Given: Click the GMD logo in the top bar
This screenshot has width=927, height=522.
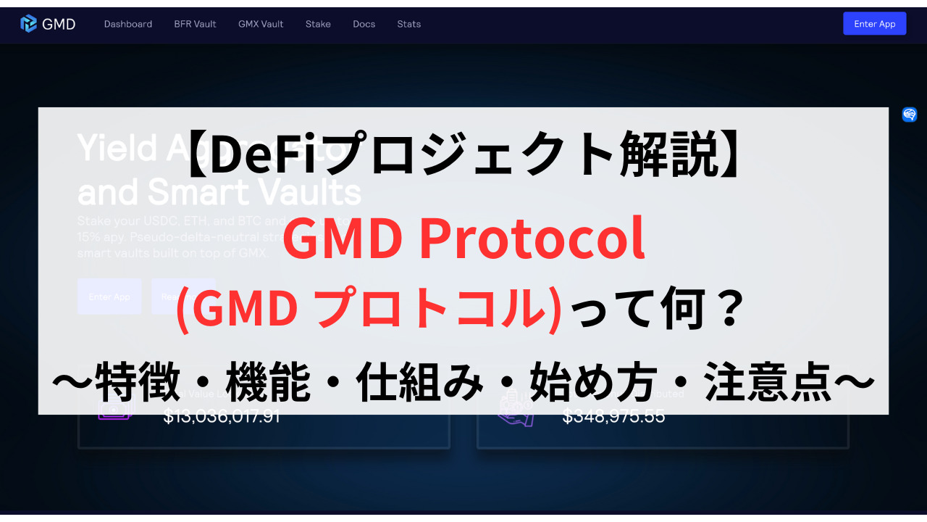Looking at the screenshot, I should (48, 24).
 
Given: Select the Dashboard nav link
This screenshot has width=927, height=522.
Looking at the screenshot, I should (128, 24).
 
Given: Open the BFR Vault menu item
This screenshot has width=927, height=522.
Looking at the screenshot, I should (195, 24).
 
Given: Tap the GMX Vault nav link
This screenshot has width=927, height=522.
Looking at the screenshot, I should (261, 24).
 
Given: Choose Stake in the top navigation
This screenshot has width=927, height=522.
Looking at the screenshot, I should (318, 24).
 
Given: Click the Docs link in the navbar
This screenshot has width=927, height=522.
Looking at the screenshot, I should (364, 24).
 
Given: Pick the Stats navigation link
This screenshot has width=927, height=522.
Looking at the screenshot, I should (408, 24).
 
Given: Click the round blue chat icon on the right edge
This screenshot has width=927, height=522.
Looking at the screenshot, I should (910, 115).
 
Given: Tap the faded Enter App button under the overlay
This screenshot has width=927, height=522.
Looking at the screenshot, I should (109, 297).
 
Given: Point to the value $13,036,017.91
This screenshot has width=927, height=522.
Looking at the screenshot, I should (222, 417).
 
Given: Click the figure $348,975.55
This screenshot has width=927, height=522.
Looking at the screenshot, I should (613, 417).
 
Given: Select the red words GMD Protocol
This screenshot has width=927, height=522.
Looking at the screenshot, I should (463, 239).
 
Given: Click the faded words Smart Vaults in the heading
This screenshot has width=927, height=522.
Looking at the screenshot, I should (253, 192).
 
